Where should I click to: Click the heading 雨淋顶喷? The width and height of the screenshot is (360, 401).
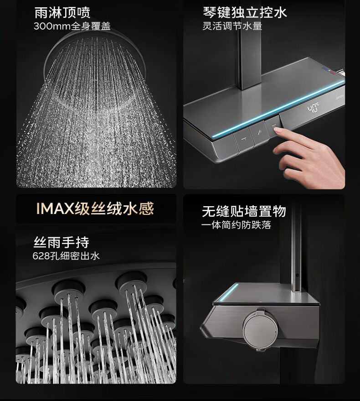pyautogui.click(x=62, y=12)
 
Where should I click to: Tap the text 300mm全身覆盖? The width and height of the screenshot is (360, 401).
pyautogui.click(x=72, y=26)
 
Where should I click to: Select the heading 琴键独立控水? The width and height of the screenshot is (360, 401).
pyautogui.click(x=245, y=12)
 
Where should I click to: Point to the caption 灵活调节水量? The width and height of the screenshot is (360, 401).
pyautogui.click(x=232, y=26)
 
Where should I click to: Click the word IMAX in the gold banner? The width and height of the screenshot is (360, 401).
pyautogui.click(x=55, y=208)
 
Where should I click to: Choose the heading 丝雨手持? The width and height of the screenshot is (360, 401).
pyautogui.click(x=62, y=242)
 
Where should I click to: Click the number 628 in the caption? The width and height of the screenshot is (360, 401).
pyautogui.click(x=41, y=256)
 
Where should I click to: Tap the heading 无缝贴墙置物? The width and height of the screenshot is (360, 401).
pyautogui.click(x=244, y=211)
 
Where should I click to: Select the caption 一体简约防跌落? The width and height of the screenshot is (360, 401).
pyautogui.click(x=237, y=225)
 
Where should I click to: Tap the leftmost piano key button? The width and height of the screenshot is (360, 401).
pyautogui.click(x=244, y=140)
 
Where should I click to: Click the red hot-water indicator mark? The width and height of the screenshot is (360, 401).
pyautogui.click(x=332, y=73)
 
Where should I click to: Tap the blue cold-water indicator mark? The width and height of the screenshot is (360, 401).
pyautogui.click(x=326, y=69)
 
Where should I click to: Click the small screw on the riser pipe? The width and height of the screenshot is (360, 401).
pyautogui.click(x=297, y=276)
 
